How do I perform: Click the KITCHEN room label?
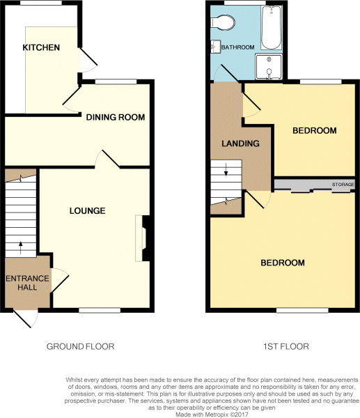tap(41, 47)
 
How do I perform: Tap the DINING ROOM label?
tap(116, 117)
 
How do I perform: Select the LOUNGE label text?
tap(87, 210)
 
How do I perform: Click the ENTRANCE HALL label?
tap(27, 284)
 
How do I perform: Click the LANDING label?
tap(240, 144)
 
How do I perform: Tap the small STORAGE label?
tap(342, 185)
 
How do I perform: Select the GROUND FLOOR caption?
tap(80, 346)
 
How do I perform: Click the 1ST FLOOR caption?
tap(281, 346)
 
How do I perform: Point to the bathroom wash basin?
tap(214, 47)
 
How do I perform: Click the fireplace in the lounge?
tap(145, 238)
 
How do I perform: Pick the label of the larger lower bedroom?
tap(283, 263)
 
